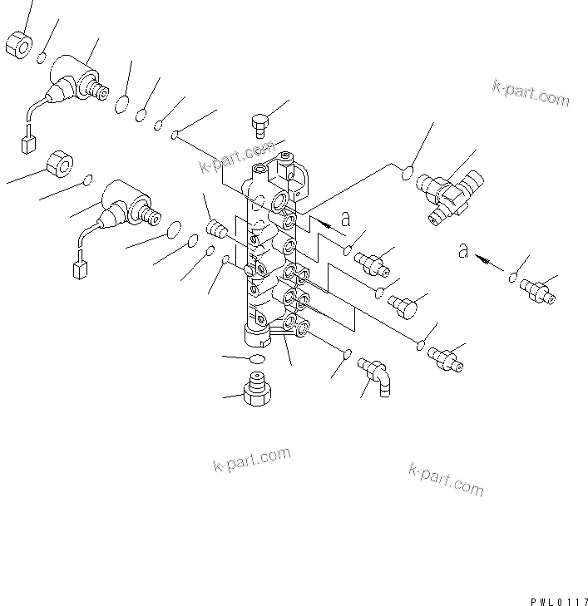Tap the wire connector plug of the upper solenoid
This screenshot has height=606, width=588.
tap(26, 145)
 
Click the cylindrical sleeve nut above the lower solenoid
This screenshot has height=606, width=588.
tap(61, 163)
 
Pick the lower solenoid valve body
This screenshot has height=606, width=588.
tap(125, 204)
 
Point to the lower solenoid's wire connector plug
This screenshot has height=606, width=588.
tap(80, 270)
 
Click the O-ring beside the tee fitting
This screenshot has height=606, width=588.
tap(408, 174)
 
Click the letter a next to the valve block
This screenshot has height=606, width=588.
tap(346, 220)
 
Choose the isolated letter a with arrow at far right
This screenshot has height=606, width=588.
tap(463, 250)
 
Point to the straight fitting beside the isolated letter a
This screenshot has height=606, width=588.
tap(536, 289)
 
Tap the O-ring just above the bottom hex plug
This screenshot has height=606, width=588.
tap(256, 358)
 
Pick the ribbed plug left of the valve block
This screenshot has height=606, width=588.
tap(216, 229)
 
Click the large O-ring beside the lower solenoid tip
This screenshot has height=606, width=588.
tap(174, 229)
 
